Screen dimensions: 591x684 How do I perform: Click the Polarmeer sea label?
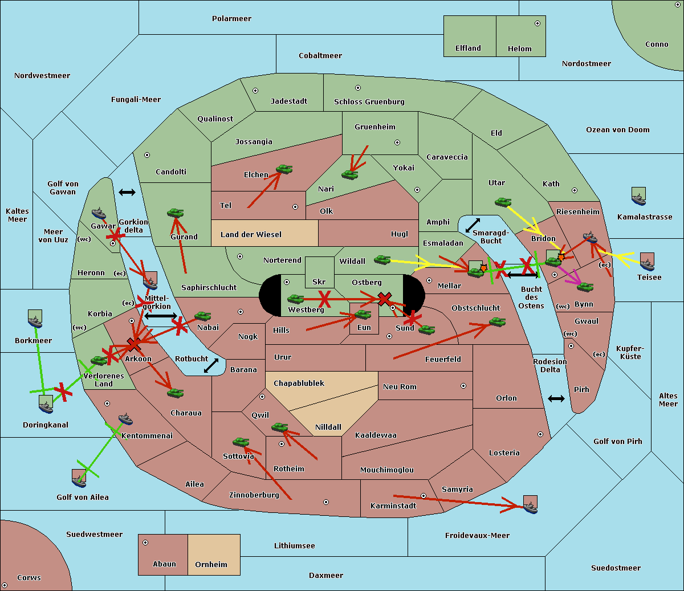click(231, 19)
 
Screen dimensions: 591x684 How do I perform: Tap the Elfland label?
click(468, 48)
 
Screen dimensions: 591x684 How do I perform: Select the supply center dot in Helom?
click(537, 23)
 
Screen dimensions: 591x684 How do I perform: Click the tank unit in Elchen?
click(284, 169)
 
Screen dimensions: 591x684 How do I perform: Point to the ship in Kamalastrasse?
click(639, 196)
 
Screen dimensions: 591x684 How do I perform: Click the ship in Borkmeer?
click(35, 319)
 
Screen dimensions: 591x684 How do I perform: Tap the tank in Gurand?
click(175, 213)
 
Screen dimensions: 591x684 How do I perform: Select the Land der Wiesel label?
click(251, 234)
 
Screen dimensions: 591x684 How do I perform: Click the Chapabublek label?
click(299, 383)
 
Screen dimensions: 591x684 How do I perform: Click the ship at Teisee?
click(647, 262)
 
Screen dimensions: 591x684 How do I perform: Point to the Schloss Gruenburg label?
click(369, 102)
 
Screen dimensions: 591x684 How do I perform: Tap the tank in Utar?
click(503, 202)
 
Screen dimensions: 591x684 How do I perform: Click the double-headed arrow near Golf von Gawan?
click(127, 192)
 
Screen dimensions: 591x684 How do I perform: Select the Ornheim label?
click(211, 564)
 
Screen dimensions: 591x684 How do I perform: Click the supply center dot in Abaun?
click(145, 543)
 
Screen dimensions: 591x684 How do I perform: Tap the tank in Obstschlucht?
click(497, 322)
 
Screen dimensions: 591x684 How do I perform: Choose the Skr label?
click(319, 282)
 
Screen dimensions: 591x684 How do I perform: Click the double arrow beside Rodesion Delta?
click(556, 398)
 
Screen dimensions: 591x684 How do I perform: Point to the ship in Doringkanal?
click(46, 403)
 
